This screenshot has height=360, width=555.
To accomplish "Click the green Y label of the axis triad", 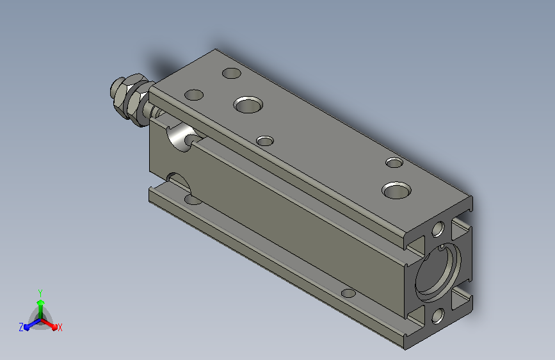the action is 40,293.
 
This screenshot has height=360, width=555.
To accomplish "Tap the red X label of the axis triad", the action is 60,327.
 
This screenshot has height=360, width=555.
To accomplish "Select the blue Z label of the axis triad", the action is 21,327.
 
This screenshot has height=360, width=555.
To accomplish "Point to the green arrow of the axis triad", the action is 41,309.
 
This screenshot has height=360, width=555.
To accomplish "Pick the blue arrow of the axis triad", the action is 33,324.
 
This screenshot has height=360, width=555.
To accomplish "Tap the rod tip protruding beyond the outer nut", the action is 114,89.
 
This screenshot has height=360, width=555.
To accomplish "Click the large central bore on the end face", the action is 438,272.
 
